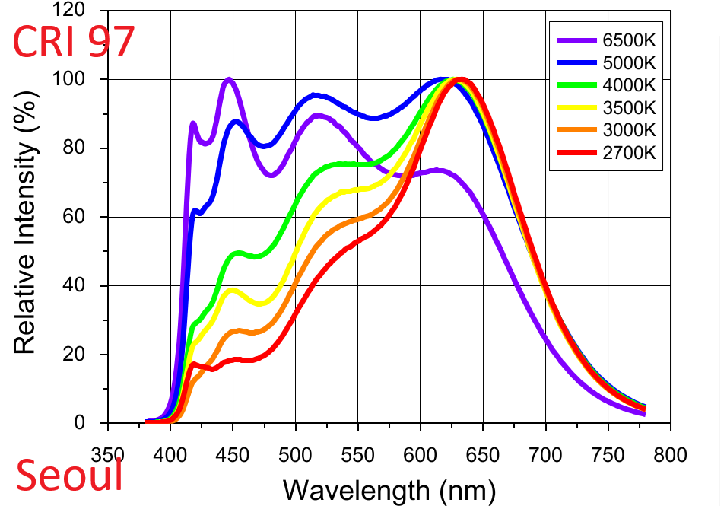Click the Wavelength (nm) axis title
tap(389, 488)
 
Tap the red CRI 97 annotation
tap(75, 42)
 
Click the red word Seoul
tap(70, 476)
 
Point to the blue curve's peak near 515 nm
tap(316, 95)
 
